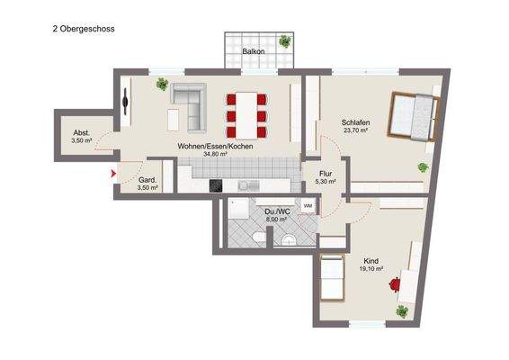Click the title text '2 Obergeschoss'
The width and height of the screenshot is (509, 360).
(84, 29)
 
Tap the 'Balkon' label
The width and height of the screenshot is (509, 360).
(254, 52)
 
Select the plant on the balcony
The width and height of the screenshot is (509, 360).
(285, 40)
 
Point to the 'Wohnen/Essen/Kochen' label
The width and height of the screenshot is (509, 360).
(216, 146)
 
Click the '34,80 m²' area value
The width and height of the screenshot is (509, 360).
(216, 155)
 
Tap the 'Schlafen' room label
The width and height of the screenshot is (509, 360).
(356, 121)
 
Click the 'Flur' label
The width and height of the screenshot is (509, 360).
(326, 172)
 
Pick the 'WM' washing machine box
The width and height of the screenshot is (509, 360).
(307, 206)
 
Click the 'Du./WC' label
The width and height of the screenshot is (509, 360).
(274, 211)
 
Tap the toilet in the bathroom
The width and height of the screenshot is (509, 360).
(259, 236)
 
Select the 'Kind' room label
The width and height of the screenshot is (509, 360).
(371, 261)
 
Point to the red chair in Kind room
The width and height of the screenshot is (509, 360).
(395, 284)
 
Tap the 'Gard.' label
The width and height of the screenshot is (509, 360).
(147, 180)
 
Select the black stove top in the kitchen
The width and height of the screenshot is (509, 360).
(216, 185)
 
